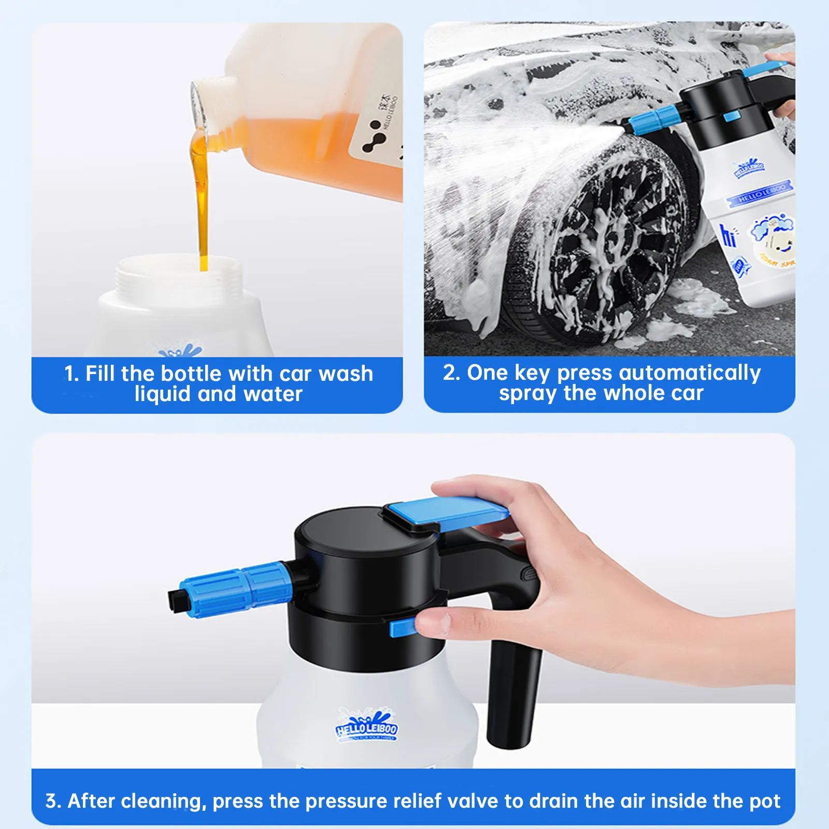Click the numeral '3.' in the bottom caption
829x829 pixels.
(x=53, y=801)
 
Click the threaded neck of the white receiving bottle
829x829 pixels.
(x=179, y=280)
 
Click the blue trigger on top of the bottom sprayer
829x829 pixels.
(x=446, y=510)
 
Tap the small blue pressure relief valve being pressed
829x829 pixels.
(x=403, y=628)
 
